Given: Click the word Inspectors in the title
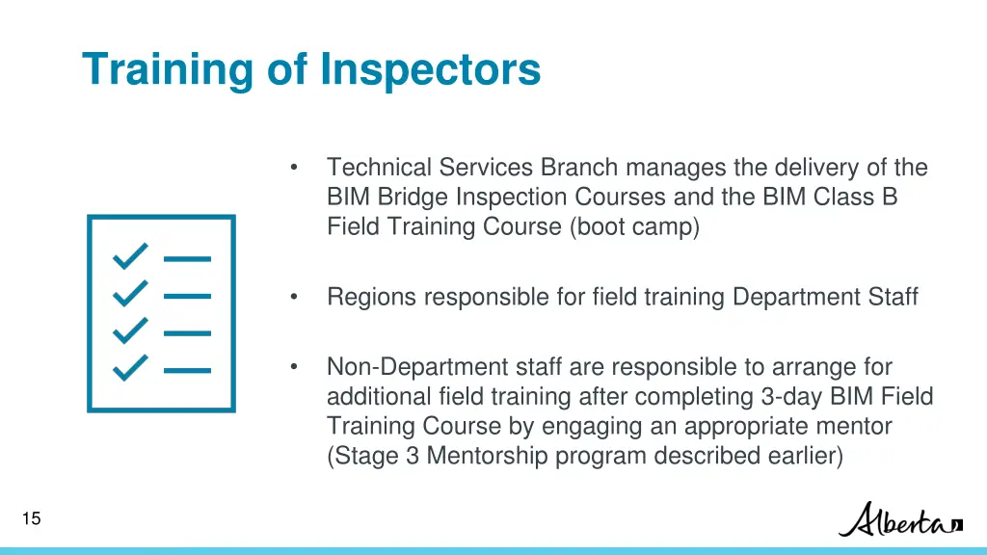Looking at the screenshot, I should coord(430,70).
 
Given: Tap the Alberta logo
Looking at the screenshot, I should coord(899,520).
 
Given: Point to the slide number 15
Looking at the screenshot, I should coord(31,519).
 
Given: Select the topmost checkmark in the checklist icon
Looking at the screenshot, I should coord(131,257).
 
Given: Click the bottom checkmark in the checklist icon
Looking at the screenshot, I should coord(131,368).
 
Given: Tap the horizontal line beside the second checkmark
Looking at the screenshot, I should coord(187,295).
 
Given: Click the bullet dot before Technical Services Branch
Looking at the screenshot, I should coord(292,169).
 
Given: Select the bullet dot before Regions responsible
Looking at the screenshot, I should coord(292,298).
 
